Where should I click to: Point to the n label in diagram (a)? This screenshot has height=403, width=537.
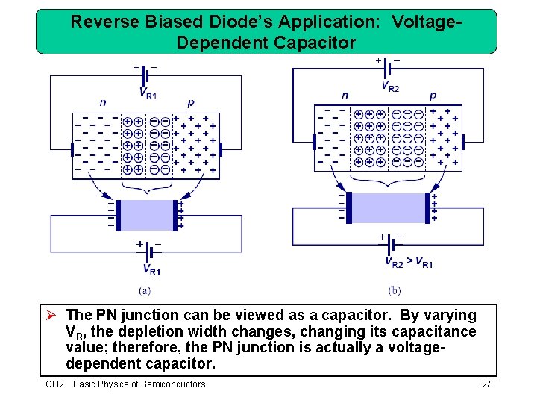(x=104, y=103)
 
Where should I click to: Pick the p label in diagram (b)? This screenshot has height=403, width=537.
(x=433, y=96)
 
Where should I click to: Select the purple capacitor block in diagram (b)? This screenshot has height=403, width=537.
(x=388, y=207)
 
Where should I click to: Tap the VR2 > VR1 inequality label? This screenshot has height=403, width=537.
(x=409, y=262)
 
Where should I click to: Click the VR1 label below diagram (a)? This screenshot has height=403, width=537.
(x=151, y=270)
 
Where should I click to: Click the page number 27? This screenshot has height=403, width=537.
(x=487, y=384)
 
